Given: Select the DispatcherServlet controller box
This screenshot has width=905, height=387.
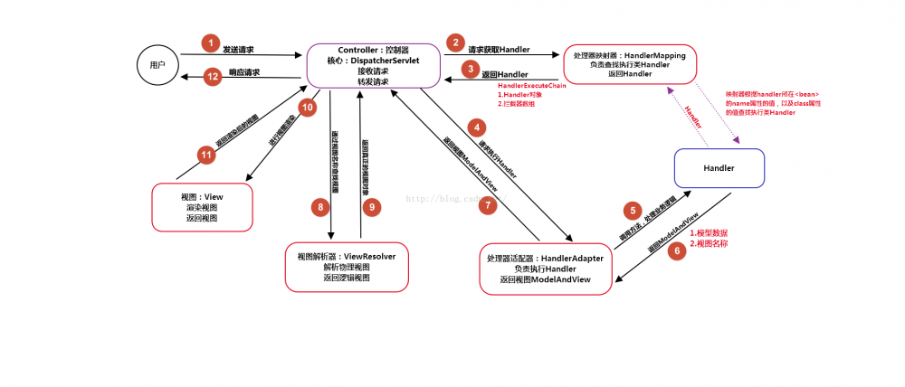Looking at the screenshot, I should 374,65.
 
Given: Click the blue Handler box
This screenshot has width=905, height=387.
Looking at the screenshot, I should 719,168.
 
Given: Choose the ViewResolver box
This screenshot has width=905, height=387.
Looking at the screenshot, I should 347,267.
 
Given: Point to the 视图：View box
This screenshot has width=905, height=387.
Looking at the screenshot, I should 201,207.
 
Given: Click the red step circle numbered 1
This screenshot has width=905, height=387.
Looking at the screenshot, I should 210,43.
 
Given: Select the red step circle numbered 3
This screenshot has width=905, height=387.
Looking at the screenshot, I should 469,69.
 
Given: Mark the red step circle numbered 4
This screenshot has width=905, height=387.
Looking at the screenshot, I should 475,127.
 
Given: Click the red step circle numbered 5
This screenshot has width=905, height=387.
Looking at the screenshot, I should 634,211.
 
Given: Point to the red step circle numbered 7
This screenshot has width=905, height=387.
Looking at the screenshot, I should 487,205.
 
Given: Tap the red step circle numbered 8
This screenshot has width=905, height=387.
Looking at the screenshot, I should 319,207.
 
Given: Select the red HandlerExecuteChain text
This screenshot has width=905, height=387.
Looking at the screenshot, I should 531,85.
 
